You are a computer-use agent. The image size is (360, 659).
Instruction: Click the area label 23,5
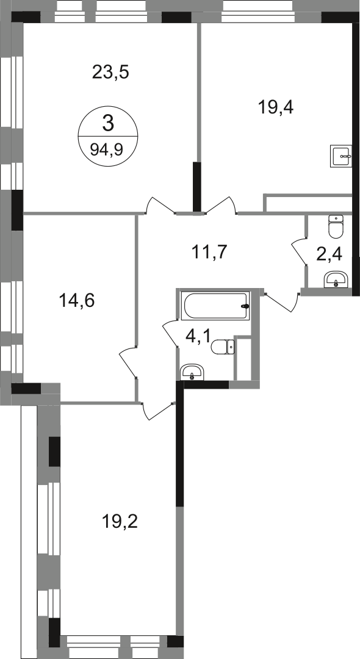(x=110, y=73)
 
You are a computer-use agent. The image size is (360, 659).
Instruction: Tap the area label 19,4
(x=275, y=107)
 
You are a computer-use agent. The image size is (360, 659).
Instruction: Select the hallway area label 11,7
(x=209, y=252)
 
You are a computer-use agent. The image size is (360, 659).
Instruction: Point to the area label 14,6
(x=77, y=301)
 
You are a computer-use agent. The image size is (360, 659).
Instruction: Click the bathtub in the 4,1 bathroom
(x=215, y=306)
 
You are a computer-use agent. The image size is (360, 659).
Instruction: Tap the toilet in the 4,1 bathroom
(x=223, y=347)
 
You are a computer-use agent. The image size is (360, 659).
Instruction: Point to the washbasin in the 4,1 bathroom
(x=192, y=372)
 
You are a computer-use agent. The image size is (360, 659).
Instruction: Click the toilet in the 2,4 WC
(x=336, y=226)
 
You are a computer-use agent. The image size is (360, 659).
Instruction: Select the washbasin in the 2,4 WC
(x=336, y=279)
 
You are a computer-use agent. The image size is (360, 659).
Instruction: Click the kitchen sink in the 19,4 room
(x=342, y=156)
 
